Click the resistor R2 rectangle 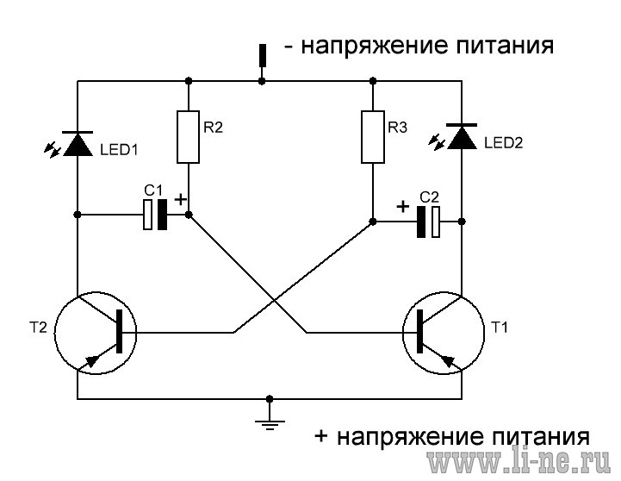pyautogui.click(x=188, y=137)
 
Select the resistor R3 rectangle pyautogui.click(x=373, y=137)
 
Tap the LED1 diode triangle pyautogui.click(x=78, y=144)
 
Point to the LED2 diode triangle pyautogui.click(x=462, y=137)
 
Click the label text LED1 pyautogui.click(x=119, y=150)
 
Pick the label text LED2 pyautogui.click(x=503, y=142)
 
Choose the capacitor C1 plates pyautogui.click(x=155, y=215)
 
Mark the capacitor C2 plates pyautogui.click(x=428, y=222)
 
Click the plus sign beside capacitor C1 pyautogui.click(x=180, y=199)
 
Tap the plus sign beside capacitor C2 pyautogui.click(x=403, y=206)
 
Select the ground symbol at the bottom pyautogui.click(x=270, y=425)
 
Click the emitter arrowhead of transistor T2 pyautogui.click(x=93, y=360)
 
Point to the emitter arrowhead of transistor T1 pyautogui.click(x=448, y=360)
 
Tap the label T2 pyautogui.click(x=38, y=328)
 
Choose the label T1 pyautogui.click(x=499, y=328)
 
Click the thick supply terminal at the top pyautogui.click(x=262, y=55)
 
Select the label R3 pyautogui.click(x=397, y=128)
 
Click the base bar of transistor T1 pyautogui.click(x=419, y=331)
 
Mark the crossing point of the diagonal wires pyautogui.click(x=274, y=300)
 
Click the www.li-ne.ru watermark pyautogui.click(x=519, y=460)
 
